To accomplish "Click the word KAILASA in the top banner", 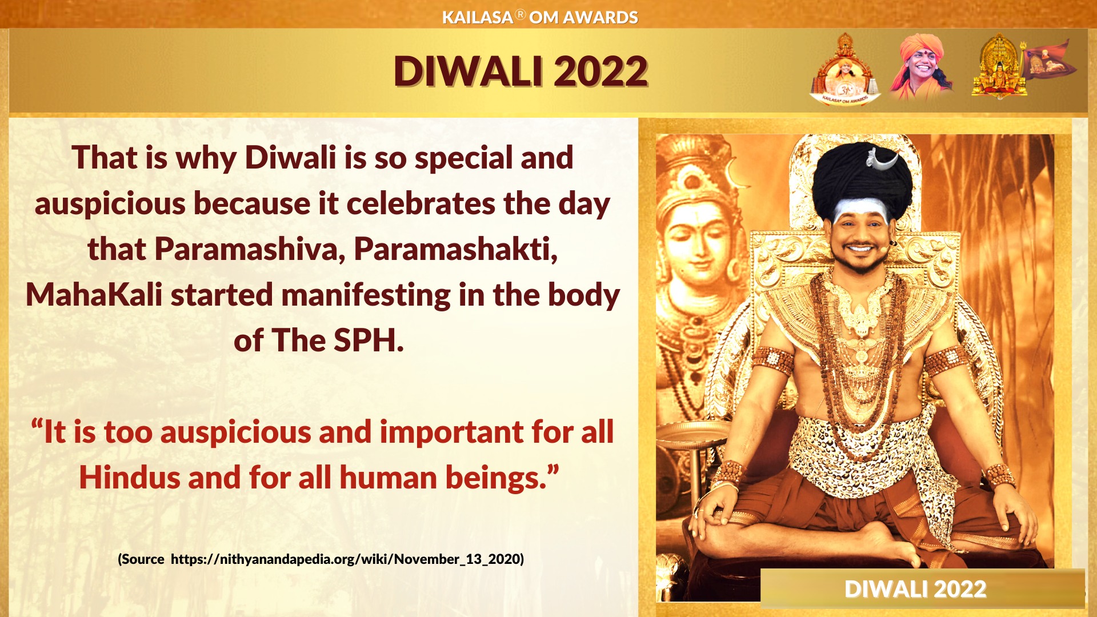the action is pyautogui.click(x=478, y=18).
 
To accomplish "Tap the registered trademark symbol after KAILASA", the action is pyautogui.click(x=521, y=14).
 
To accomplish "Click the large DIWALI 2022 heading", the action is pyautogui.click(x=521, y=71).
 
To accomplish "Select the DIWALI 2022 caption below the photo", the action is pyautogui.click(x=915, y=589).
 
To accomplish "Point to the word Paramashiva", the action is pyautogui.click(x=250, y=249).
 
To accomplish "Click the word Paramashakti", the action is pyautogui.click(x=456, y=249).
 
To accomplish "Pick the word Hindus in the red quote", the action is pyautogui.click(x=130, y=478).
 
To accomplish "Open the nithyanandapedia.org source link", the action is pyautogui.click(x=347, y=559).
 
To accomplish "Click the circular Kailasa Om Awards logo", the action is pyautogui.click(x=845, y=70).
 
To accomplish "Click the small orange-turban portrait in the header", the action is pyautogui.click(x=920, y=67).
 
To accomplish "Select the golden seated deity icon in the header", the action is pyautogui.click(x=999, y=67).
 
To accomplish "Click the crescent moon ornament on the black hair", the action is pyautogui.click(x=882, y=161).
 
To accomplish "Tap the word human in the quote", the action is pyautogui.click(x=389, y=478).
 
